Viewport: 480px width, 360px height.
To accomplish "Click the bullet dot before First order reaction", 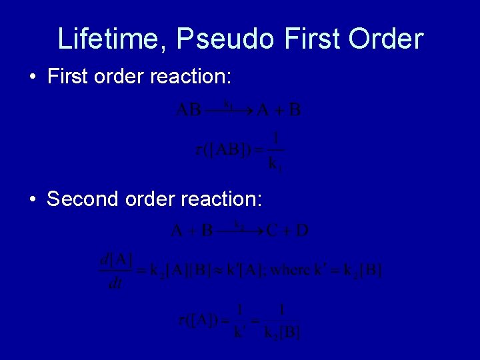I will point(33,77).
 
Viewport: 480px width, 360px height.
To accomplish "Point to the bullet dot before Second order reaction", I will point(33,199).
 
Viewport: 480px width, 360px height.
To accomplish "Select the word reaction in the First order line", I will point(191,77).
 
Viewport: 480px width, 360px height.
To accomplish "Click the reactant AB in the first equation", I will point(189,109).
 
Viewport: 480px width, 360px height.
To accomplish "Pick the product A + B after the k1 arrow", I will point(279,109).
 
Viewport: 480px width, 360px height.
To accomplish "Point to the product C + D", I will point(288,231).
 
